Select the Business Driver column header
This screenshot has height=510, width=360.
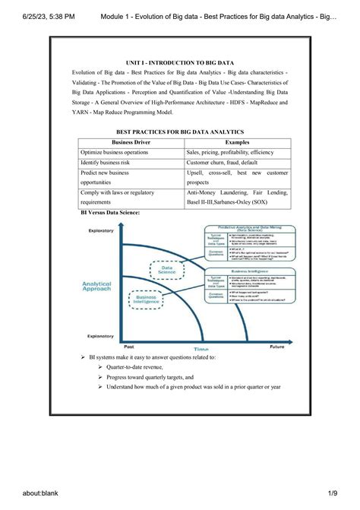coord(131,142)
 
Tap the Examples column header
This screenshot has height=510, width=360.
coord(237,142)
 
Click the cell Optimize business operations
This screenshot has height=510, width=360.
coord(114,152)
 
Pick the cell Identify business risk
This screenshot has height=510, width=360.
coord(109,163)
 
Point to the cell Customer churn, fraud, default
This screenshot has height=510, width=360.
coord(222,163)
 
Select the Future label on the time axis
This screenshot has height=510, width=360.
coord(276,346)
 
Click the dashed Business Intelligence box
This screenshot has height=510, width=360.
coord(147,300)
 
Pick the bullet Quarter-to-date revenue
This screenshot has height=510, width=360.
coord(135,366)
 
